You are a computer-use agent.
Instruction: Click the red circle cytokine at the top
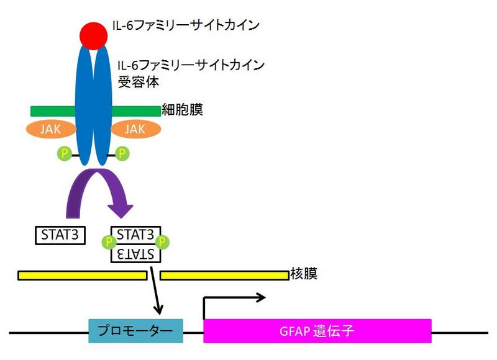click(93, 34)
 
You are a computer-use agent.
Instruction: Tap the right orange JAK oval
click(135, 129)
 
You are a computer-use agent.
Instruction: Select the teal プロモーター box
click(136, 330)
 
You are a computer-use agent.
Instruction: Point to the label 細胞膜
click(182, 110)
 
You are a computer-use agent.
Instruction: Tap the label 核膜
click(303, 274)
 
